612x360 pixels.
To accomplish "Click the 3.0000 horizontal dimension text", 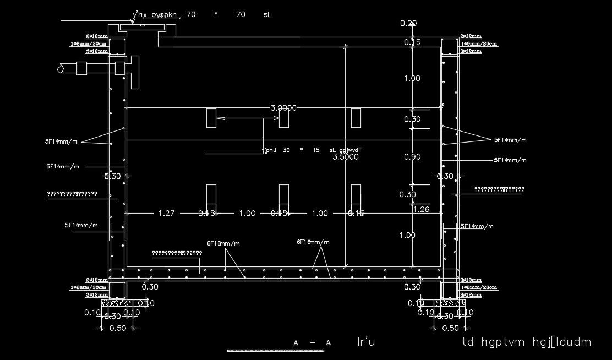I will pos(283,108).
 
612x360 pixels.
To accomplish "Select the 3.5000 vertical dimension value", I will pos(346,156).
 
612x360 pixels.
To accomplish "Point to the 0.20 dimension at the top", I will pos(408,23).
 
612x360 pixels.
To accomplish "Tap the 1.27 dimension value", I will pos(166,213).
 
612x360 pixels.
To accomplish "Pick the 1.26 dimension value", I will pos(421,209).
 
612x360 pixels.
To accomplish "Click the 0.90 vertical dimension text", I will pos(412,157).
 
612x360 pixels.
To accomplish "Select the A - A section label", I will pos(312,342).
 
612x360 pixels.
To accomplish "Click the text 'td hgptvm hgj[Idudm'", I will pos(527,342).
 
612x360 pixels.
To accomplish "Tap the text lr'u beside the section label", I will pos(366,342).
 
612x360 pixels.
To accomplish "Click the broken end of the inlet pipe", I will pos(59,68).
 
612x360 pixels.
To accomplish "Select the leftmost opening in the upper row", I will pos(211,118).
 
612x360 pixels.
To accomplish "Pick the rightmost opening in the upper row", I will pos(356,118).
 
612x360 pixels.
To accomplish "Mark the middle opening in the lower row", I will pos(284,194).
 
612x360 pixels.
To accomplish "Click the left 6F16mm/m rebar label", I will pos(223,243).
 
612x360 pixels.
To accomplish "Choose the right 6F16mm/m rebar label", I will pos(313,242).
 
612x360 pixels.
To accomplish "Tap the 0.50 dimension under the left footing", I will pos(118,328).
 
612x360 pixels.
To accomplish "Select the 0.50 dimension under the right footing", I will pos(450,328).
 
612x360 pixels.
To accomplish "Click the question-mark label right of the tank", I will pos(499,189).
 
